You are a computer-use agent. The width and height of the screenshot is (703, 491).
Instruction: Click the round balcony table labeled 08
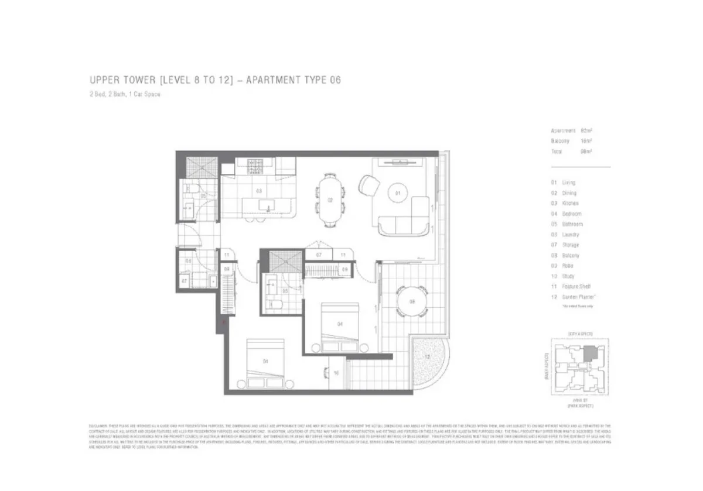(x=412, y=302)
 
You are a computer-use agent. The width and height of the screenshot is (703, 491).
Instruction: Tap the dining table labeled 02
(x=330, y=200)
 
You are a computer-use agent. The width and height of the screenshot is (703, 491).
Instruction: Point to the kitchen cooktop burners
(x=256, y=167)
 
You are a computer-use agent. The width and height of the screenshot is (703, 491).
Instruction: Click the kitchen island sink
(x=268, y=205)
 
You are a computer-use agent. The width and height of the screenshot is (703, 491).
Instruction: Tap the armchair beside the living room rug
(x=370, y=186)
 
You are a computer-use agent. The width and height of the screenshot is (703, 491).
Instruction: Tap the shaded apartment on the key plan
(x=592, y=353)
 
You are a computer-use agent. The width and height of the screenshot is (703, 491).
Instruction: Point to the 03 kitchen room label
(x=258, y=191)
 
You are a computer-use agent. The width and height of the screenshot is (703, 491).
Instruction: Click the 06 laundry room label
(x=189, y=261)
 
